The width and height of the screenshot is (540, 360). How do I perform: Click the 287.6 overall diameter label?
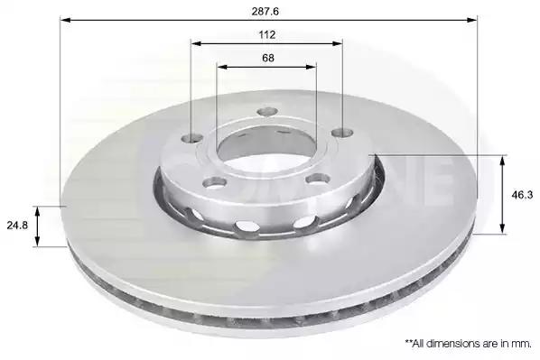click(x=265, y=12)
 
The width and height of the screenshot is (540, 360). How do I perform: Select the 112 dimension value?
click(x=267, y=35)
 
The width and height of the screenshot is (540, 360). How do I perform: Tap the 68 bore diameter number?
click(x=268, y=58)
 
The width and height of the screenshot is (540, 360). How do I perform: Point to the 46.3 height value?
click(x=522, y=195)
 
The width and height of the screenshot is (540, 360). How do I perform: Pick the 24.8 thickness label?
click(x=17, y=226)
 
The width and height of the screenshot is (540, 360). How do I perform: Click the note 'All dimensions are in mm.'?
click(x=469, y=343)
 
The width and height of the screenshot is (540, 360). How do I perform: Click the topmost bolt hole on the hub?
click(x=267, y=112)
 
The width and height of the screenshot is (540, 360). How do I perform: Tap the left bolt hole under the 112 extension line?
click(x=191, y=138)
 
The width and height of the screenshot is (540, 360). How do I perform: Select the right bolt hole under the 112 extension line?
click(x=342, y=132)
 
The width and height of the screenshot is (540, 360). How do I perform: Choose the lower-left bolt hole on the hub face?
click(x=215, y=182)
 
